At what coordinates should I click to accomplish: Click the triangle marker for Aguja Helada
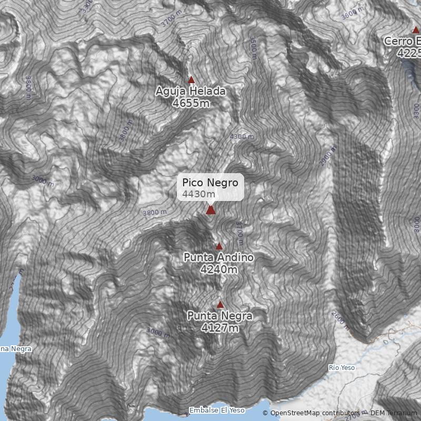pyautogui.click(x=192, y=80)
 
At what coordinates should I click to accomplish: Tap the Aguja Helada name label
pyautogui.click(x=191, y=92)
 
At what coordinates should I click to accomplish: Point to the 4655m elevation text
pyautogui.click(x=191, y=103)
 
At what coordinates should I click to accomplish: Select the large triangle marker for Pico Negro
pyautogui.click(x=210, y=210)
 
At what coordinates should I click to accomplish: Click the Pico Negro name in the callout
pyautogui.click(x=210, y=183)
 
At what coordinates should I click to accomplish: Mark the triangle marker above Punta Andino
pyautogui.click(x=219, y=246)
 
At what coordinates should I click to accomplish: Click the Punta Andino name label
pyautogui.click(x=218, y=257)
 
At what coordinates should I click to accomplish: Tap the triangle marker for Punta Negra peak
pyautogui.click(x=220, y=304)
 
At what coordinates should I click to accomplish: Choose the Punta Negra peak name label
pyautogui.click(x=219, y=316)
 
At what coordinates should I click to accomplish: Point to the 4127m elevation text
pyautogui.click(x=219, y=328)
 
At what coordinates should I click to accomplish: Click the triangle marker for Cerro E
pyautogui.click(x=415, y=29)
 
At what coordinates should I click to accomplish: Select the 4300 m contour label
pyautogui.click(x=242, y=137)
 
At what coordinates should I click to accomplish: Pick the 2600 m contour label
pyautogui.click(x=341, y=320)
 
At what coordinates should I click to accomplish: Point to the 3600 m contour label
pyautogui.click(x=352, y=13)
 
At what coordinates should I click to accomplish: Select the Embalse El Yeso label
pyautogui.click(x=217, y=410)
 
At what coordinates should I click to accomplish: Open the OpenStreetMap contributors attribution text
pyautogui.click(x=314, y=413)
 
